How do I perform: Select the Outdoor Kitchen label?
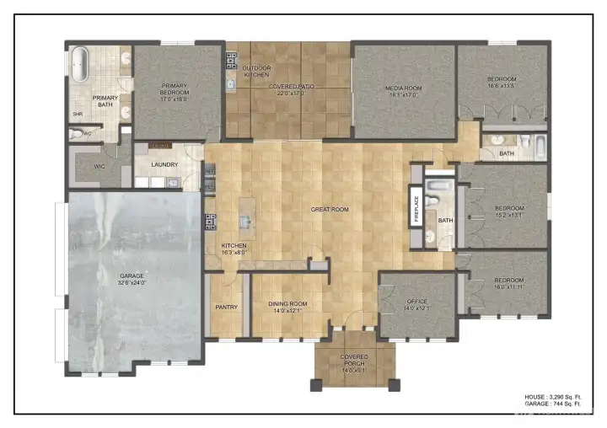pyautogui.click(x=255, y=71)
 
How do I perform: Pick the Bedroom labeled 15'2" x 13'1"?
pyautogui.click(x=508, y=211)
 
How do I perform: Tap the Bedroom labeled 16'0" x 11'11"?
pyautogui.click(x=508, y=283)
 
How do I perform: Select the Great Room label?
pyautogui.click(x=329, y=209)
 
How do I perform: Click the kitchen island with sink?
pyautogui.click(x=246, y=222)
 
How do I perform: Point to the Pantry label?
pyautogui.click(x=227, y=307)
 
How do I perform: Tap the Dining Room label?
pyautogui.click(x=287, y=307)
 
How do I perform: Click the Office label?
pyautogui.click(x=416, y=304)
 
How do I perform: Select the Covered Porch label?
pyautogui.click(x=354, y=362)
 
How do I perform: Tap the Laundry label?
pyautogui.click(x=164, y=164)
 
